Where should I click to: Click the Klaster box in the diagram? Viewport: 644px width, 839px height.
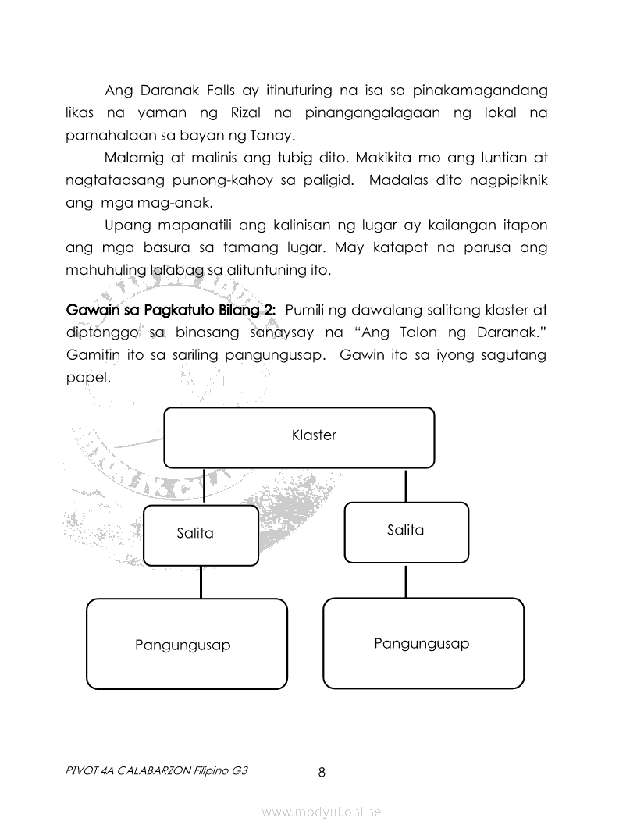pyautogui.click(x=299, y=437)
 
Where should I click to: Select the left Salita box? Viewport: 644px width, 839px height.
pyautogui.click(x=201, y=535)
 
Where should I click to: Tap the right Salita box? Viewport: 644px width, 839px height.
pyautogui.click(x=406, y=531)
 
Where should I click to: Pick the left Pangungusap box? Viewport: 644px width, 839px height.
pyautogui.click(x=186, y=644)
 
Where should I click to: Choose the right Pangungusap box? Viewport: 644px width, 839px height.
pyautogui.click(x=423, y=643)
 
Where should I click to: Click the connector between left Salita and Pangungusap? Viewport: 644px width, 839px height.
pyautogui.click(x=201, y=582)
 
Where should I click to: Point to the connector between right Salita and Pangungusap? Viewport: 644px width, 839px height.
pyautogui.click(x=406, y=580)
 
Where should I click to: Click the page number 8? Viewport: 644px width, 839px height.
pyautogui.click(x=322, y=773)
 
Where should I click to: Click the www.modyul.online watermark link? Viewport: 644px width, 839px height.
pyautogui.click(x=322, y=812)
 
